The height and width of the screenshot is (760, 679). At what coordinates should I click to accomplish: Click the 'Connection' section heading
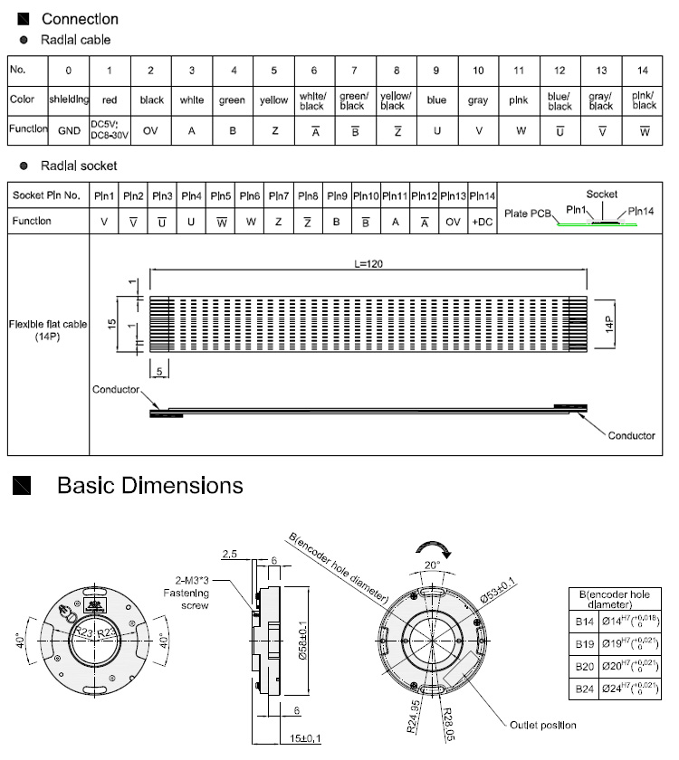pos(80,19)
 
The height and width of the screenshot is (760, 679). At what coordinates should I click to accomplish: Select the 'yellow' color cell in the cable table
pos(273,100)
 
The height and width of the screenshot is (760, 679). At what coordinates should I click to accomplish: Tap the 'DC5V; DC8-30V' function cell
pos(110,130)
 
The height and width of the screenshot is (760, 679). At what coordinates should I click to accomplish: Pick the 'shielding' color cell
pos(69,100)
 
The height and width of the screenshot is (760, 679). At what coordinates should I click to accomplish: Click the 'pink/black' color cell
pos(644,100)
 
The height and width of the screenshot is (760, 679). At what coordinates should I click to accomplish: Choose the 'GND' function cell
pos(69,130)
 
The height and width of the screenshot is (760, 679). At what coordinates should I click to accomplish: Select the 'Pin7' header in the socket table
pos(279,195)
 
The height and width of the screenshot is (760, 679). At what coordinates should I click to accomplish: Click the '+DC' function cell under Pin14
pos(482,222)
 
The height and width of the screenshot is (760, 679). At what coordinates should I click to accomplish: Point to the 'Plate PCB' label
pos(528,214)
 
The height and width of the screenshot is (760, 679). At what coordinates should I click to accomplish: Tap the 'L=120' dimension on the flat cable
pos(368,264)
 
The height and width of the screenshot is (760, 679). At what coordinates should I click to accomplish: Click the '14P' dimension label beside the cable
pos(609,324)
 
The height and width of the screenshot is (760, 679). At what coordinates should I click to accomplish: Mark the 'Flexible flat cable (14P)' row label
pos(47,330)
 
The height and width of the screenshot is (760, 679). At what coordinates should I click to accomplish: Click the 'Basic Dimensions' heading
pos(150,485)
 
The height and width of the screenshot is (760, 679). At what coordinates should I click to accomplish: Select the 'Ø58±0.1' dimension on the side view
pos(302,641)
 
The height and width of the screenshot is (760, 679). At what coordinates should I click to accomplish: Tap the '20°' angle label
pos(432,565)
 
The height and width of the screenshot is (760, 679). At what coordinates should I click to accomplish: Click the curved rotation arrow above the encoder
pos(434,549)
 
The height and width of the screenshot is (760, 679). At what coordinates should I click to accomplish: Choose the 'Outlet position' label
pos(542,725)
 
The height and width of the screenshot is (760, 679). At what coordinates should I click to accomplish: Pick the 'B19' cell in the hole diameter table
pos(585,644)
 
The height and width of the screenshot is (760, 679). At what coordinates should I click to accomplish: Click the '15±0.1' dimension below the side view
pos(305,738)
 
